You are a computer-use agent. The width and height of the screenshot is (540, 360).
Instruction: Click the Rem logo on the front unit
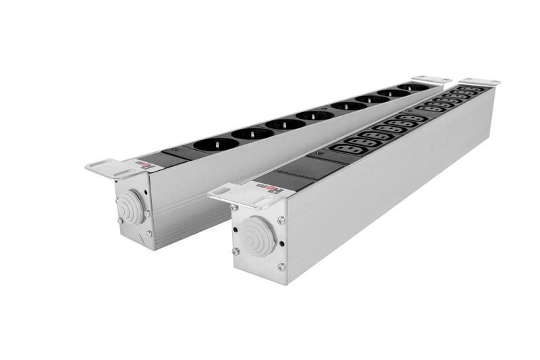point(263,184)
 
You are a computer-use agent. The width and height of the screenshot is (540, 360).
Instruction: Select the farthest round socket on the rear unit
point(413,88)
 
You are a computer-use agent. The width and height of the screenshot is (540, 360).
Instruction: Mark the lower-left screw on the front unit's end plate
point(235,251)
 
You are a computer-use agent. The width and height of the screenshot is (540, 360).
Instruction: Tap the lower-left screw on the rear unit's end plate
point(119,220)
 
